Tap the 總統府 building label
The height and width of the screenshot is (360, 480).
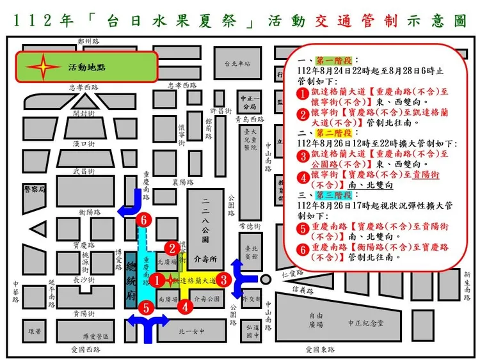pyautogui.click(x=131, y=281)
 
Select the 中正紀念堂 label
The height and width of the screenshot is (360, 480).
pyautogui.click(x=365, y=323)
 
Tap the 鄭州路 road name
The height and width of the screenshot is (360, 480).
pyautogui.click(x=89, y=40)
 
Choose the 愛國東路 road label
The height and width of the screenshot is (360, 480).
pyautogui.click(x=322, y=349)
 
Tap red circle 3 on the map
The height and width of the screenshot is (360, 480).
pyautogui.click(x=223, y=279)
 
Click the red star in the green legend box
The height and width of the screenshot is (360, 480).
pyautogui.click(x=42, y=66)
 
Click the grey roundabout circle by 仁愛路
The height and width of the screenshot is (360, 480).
pyautogui.click(x=265, y=279)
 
